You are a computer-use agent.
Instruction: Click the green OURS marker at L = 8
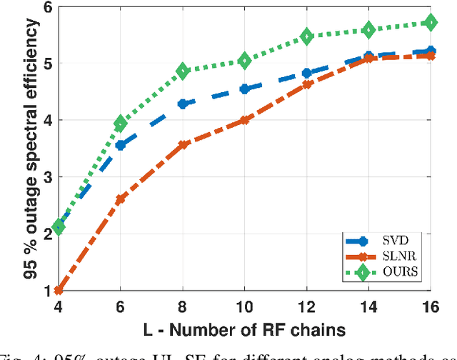(182, 71)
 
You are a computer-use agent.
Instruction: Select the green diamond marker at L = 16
(430, 23)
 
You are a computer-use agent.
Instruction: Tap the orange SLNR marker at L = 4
(59, 290)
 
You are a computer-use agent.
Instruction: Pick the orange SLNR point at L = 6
(120, 199)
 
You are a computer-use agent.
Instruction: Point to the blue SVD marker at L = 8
(182, 104)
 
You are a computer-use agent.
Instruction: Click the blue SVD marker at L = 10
(244, 89)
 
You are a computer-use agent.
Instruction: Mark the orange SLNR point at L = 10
(244, 120)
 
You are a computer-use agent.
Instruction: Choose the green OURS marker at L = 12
(306, 36)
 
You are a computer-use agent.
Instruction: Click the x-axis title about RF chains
(243, 329)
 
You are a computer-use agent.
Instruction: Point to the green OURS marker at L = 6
(120, 124)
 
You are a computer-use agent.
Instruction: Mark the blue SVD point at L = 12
(306, 73)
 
